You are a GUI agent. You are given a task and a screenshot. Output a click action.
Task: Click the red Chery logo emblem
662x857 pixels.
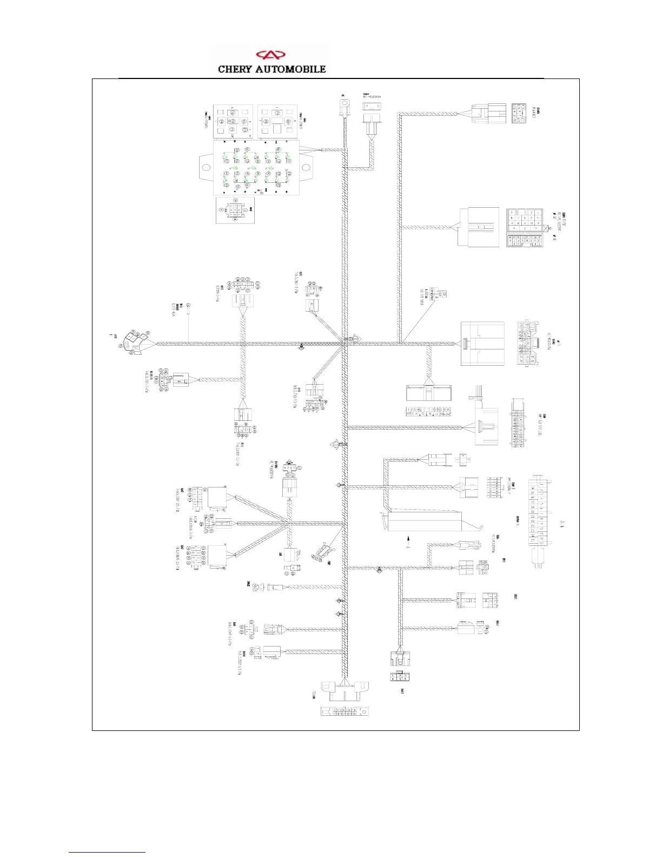(x=270, y=55)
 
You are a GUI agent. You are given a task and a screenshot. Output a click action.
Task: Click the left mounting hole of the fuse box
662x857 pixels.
(x=206, y=167)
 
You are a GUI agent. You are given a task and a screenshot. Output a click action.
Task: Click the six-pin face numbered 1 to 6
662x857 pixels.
(x=399, y=676)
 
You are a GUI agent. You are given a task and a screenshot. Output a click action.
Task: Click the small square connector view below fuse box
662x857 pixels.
(x=235, y=210)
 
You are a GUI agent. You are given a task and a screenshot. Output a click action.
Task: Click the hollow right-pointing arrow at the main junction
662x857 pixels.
(x=356, y=338)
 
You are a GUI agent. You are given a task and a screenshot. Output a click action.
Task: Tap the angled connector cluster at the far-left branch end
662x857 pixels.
(x=133, y=342)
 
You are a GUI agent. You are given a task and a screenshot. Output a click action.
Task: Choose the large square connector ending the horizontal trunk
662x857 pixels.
(x=482, y=344)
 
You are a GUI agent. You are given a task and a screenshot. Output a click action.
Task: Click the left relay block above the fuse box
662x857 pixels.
(x=233, y=121)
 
